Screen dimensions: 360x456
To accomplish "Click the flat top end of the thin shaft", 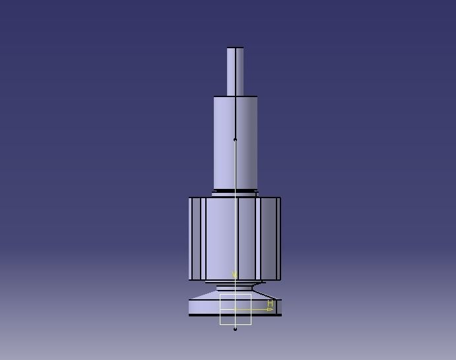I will point(236,48).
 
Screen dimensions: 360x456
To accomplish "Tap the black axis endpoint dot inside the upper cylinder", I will point(236,139).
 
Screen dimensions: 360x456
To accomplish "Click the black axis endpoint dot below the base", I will point(236,329).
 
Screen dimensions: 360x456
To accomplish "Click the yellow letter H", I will point(270,303).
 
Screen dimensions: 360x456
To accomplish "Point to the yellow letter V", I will point(234,275).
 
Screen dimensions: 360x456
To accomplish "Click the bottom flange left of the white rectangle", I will point(203,306).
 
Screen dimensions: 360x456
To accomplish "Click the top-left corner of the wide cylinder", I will point(189,198).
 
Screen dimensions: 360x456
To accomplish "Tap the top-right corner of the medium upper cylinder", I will point(257,97).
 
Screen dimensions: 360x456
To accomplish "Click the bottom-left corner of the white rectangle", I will point(220,324).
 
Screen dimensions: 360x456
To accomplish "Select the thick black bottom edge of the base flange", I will point(205,315).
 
